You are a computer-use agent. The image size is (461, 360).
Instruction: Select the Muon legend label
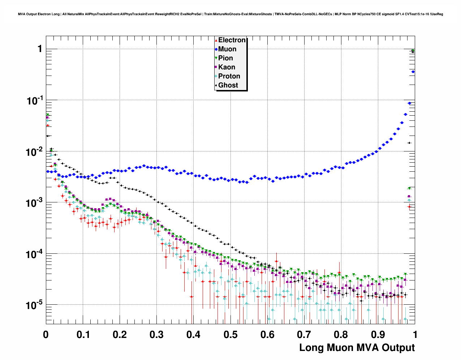[227, 49]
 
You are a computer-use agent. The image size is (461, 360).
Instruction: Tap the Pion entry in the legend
[225, 58]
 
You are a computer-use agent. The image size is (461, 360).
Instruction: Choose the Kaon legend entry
[227, 67]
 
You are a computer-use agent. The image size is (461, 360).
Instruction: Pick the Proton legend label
[229, 76]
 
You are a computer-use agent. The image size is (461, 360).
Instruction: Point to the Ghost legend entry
[228, 85]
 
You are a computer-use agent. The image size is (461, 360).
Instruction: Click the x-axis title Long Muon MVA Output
[357, 348]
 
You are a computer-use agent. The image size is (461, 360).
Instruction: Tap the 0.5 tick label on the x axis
[231, 335]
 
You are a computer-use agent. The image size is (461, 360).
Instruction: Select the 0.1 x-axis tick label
[83, 335]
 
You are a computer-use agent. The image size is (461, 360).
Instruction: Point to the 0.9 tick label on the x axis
[378, 335]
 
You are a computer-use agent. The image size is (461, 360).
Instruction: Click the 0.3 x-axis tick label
[157, 335]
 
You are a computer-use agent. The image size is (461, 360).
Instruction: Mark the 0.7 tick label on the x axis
[304, 335]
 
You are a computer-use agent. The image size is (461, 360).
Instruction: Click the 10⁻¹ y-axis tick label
[35, 101]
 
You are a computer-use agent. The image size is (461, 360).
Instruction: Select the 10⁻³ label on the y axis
[35, 203]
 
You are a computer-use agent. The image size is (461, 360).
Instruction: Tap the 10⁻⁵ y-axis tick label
[35, 306]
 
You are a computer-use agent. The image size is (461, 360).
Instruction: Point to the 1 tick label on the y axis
[40, 49]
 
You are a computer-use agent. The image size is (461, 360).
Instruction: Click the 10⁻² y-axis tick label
[35, 152]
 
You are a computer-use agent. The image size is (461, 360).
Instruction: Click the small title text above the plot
[231, 14]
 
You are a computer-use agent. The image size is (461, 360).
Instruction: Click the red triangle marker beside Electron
[216, 40]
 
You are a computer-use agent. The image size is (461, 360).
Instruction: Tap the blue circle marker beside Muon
[216, 49]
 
